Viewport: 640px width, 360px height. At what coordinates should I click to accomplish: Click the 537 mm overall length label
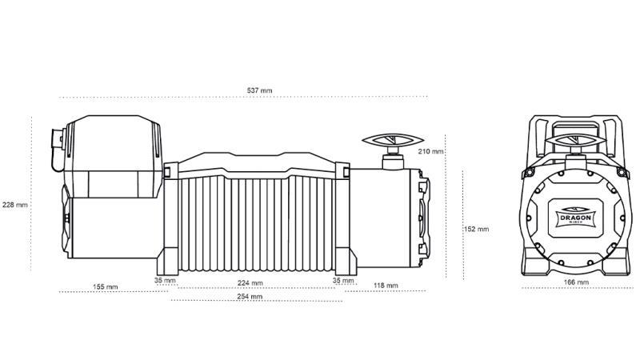pyautogui.click(x=261, y=91)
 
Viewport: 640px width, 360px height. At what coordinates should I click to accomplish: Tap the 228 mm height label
pyautogui.click(x=15, y=204)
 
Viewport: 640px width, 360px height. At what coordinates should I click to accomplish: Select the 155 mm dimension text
pyautogui.click(x=105, y=286)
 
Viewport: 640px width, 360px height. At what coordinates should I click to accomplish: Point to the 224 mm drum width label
pyautogui.click(x=250, y=282)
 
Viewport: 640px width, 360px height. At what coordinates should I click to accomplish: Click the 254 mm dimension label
pyautogui.click(x=250, y=297)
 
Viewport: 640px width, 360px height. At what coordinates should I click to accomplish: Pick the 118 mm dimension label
pyautogui.click(x=386, y=285)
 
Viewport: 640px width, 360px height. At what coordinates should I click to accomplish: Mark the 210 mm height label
pyautogui.click(x=431, y=151)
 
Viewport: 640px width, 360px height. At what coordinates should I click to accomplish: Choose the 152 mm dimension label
pyautogui.click(x=477, y=229)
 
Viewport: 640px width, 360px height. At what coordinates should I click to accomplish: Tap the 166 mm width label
pyautogui.click(x=576, y=282)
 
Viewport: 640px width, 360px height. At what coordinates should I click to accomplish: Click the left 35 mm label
pyautogui.click(x=164, y=281)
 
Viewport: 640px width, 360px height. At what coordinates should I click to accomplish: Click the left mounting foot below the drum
pyautogui.click(x=169, y=261)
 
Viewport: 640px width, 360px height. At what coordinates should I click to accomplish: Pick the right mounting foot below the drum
pyautogui.click(x=340, y=261)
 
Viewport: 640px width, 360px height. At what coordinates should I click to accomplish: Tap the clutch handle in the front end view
pyautogui.click(x=575, y=141)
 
